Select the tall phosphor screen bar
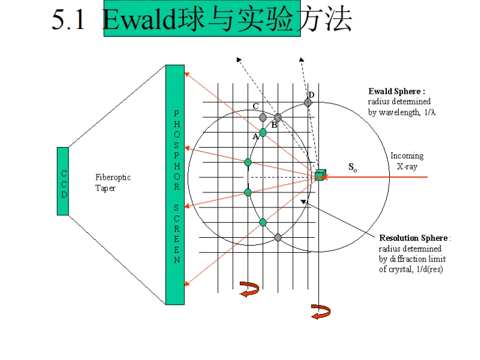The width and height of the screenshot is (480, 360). point(175,185)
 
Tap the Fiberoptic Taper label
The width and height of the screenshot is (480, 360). point(113,183)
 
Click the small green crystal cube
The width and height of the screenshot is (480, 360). point(320,175)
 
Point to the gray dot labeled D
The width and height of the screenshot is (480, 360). point(308,102)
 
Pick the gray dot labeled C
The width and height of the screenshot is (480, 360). point(263,117)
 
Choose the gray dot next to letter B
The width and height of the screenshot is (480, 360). point(278,117)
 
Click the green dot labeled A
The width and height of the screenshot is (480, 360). point(263,132)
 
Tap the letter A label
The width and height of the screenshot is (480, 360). point(255,137)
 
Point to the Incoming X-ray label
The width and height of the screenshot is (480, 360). point(407,160)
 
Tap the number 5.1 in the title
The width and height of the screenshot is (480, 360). point(70,22)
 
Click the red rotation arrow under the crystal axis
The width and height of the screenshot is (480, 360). point(320,312)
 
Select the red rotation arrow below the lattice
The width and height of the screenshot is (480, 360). point(248,289)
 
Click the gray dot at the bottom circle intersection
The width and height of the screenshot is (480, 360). point(278,237)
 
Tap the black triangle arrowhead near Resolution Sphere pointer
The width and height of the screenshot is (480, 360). point(303,202)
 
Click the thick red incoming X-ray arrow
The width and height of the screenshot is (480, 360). point(375,177)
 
